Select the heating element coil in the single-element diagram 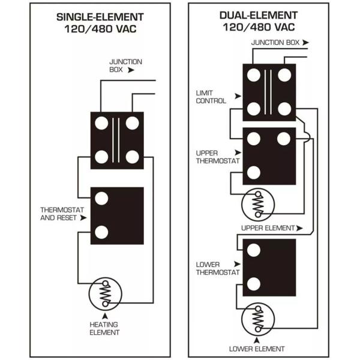point(106,293)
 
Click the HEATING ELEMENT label point(106,328)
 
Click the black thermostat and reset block point(117,215)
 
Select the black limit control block point(269,92)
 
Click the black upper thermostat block point(269,155)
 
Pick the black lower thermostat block point(269,266)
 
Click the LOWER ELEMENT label point(257,349)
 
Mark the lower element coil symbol point(257,317)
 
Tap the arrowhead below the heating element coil point(106,314)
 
